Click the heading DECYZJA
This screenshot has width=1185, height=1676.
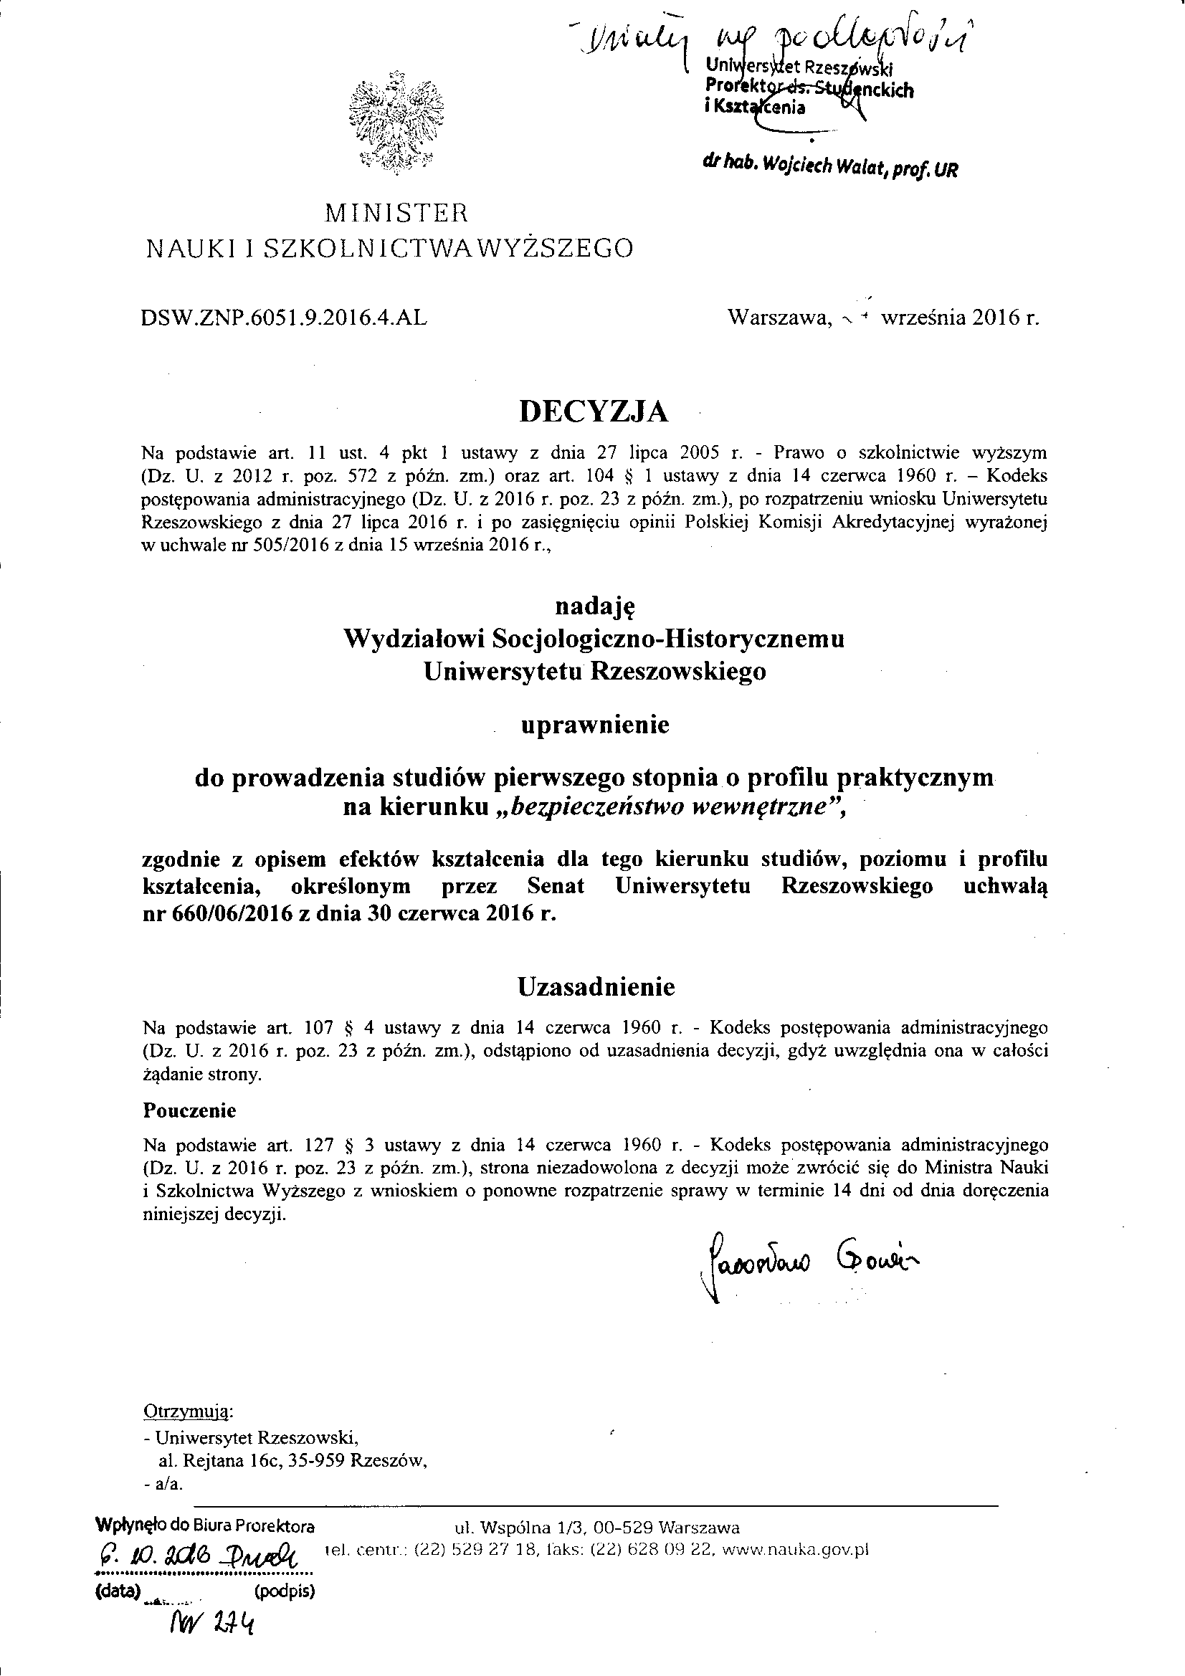[593, 412]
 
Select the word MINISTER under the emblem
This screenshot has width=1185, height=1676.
[395, 213]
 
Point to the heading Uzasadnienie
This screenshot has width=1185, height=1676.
[596, 987]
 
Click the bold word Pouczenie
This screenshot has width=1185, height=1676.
[190, 1111]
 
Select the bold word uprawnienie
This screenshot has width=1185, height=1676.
[594, 725]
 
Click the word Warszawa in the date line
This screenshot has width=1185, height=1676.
[779, 318]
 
